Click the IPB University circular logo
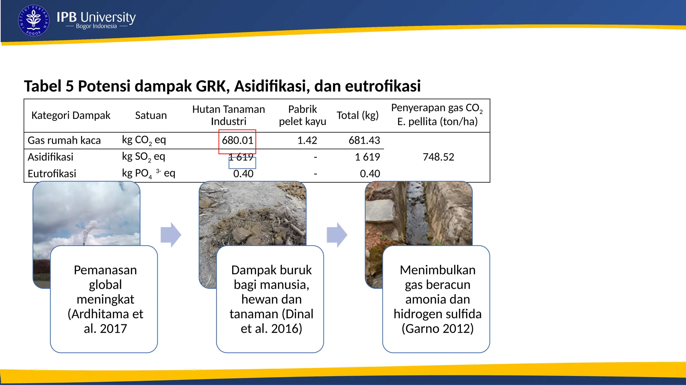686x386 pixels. (x=33, y=20)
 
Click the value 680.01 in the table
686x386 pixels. (x=237, y=140)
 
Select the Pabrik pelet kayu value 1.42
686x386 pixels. (x=307, y=140)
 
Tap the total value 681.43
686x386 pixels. (x=364, y=140)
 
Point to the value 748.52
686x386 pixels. (x=438, y=157)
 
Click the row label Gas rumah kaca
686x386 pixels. (x=64, y=140)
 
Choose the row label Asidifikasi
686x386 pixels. (x=50, y=157)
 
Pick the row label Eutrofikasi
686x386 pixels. (x=52, y=174)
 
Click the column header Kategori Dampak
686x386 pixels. (x=71, y=115)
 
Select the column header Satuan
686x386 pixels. (x=151, y=115)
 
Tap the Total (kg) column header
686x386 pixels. (x=357, y=115)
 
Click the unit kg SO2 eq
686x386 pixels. (x=143, y=156)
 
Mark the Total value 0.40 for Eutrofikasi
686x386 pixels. (x=370, y=174)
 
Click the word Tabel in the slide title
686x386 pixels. (x=43, y=86)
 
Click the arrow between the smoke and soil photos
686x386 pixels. (x=171, y=235)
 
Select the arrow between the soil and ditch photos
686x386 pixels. (x=337, y=235)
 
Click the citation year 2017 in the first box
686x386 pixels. (x=113, y=329)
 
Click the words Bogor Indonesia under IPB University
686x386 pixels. (x=96, y=26)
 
